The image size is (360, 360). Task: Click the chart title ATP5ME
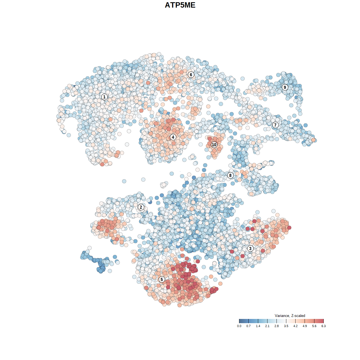tap(180, 5)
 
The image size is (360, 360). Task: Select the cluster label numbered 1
tap(104, 97)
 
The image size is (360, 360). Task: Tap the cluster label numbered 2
tap(141, 207)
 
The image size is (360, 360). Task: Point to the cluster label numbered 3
tap(250, 248)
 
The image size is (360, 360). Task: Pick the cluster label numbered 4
tap(173, 137)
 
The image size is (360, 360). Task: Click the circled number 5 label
tap(162, 279)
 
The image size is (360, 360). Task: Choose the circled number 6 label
tap(191, 75)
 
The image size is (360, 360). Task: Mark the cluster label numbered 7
tap(275, 125)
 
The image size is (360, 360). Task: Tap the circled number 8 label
tap(230, 175)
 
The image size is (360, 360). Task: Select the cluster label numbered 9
tap(285, 87)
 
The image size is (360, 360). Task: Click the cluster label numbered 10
tap(214, 145)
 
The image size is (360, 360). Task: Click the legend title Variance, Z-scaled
tap(290, 316)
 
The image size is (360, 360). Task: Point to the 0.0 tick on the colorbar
tap(239, 326)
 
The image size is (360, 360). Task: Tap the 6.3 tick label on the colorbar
tap(323, 326)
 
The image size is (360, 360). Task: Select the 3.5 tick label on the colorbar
tap(286, 326)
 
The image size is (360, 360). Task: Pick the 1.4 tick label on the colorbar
tap(258, 326)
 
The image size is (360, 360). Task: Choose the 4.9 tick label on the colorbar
tap(305, 326)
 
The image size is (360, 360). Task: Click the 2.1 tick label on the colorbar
tap(267, 326)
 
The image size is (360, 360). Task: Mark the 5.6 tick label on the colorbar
tap(314, 326)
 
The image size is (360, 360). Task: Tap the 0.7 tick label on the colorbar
tap(248, 326)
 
